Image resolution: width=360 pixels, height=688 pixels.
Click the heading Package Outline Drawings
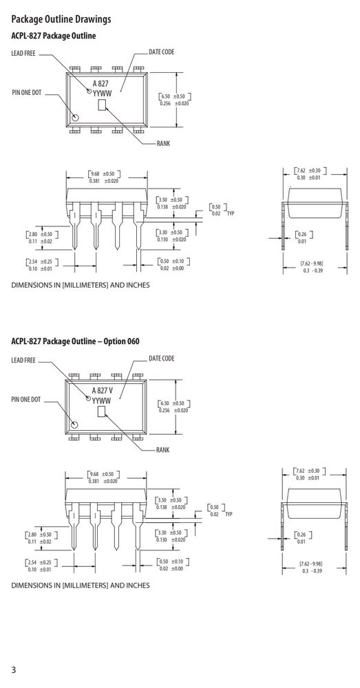click(x=61, y=19)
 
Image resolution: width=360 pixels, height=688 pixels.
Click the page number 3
click(x=14, y=670)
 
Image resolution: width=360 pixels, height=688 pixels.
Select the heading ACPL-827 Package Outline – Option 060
click(x=75, y=341)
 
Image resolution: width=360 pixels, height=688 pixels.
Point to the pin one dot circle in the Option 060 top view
click(x=74, y=424)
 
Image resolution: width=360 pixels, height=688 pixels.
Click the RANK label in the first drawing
click(x=163, y=144)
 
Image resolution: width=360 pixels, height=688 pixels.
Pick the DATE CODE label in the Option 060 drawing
click(x=162, y=358)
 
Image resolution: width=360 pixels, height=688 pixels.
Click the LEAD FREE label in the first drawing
click(x=23, y=54)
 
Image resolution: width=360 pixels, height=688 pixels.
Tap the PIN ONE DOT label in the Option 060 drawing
click(x=26, y=399)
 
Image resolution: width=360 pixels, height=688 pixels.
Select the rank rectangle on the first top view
click(x=103, y=105)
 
